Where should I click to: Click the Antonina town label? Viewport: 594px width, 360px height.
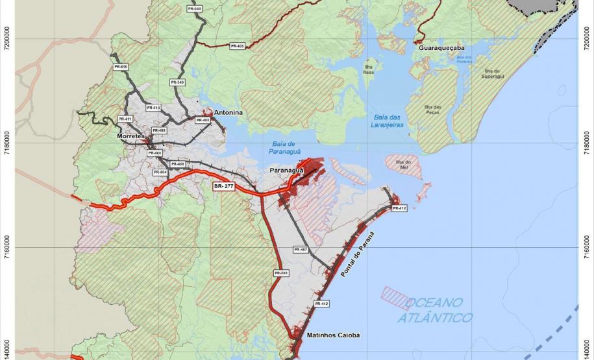pos(228,113)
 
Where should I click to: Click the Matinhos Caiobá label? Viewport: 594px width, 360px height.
pos(333,335)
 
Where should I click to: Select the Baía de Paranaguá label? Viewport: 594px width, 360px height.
pos(283,149)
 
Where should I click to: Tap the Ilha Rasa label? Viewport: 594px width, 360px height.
pos(369,69)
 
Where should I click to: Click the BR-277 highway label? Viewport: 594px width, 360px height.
pos(223,186)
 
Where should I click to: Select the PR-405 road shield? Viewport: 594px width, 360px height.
pos(237,46)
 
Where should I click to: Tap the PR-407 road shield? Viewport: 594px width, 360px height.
pos(300,250)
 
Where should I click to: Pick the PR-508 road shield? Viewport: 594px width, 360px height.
pos(281,273)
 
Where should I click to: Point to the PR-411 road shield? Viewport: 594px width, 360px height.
pos(125,119)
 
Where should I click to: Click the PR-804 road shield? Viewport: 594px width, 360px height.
pos(160,173)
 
